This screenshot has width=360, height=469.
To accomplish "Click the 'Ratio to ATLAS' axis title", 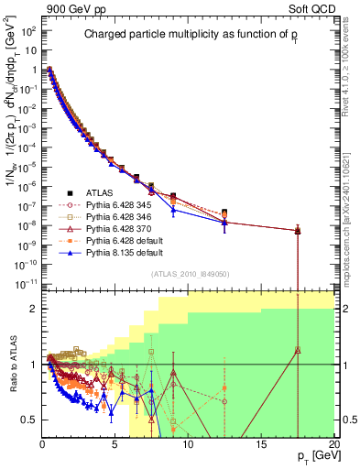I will pos(12,365).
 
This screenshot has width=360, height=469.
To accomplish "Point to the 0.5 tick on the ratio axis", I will pos(29,420).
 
